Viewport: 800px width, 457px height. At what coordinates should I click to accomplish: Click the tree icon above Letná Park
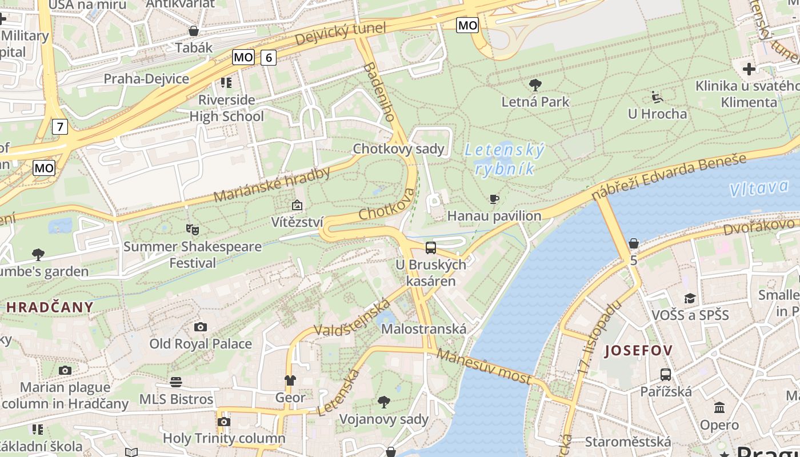point(535,86)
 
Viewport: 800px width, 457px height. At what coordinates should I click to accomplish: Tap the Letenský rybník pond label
point(504,159)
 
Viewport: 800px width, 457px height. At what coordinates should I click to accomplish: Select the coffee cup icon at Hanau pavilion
point(494,199)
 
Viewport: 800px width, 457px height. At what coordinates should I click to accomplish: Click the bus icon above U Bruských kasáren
point(431,248)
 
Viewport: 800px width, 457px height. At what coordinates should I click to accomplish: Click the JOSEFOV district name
point(638,350)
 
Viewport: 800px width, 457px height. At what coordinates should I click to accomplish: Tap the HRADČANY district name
point(50,307)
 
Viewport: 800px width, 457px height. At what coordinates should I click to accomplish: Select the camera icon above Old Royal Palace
point(200,327)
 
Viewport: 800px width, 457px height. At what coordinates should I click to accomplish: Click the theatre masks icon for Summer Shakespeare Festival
point(193,230)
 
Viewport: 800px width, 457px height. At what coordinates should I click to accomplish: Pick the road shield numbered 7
point(60,126)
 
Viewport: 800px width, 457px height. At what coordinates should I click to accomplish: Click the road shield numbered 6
point(269,57)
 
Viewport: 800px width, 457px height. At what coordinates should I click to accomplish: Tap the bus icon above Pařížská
point(665,375)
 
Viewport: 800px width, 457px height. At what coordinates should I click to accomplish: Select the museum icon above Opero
point(719,408)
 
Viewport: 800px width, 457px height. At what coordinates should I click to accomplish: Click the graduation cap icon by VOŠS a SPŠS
point(690,298)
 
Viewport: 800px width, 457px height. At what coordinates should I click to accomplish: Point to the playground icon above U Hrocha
point(657,97)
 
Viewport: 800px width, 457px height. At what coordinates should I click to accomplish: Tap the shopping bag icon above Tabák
point(194,31)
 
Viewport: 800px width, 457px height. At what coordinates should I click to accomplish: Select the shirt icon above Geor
point(290,380)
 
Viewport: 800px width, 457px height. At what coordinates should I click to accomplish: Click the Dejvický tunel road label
point(341,34)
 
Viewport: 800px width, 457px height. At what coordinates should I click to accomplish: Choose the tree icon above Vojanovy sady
point(384,402)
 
